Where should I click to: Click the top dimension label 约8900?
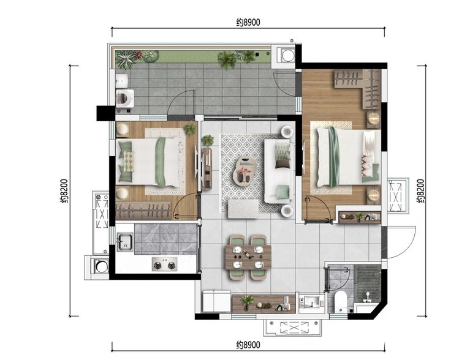tap(248, 23)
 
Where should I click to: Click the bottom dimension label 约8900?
tap(248, 345)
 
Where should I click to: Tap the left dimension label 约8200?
tap(64, 191)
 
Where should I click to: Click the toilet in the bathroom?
tap(340, 302)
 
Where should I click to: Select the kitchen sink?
tap(124, 242)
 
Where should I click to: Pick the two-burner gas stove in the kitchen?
tap(164, 264)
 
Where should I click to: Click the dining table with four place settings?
tap(248, 257)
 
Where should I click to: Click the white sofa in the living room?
tap(279, 171)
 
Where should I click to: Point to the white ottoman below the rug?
tap(243, 209)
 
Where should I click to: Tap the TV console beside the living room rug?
tap(207, 169)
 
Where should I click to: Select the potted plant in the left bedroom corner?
tap(189, 129)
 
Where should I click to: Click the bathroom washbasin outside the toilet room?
tap(312, 302)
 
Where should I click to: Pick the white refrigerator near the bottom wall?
tap(216, 301)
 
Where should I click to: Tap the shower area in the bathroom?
tap(368, 283)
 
